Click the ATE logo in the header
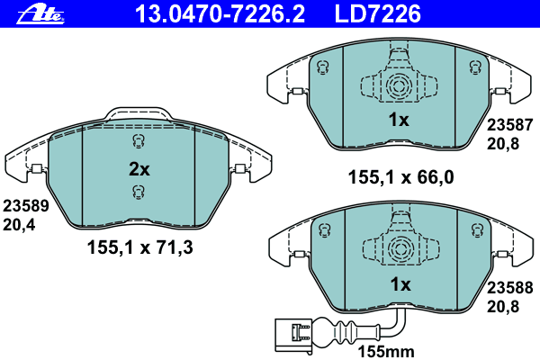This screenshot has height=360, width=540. coord(40,14)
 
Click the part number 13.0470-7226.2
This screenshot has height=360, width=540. coord(220,13)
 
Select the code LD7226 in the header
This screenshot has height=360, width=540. coord(377,13)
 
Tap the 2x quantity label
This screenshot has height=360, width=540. coord(139,169)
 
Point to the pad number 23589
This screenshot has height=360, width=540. coord(26,206)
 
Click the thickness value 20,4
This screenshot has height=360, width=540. coord(19,225)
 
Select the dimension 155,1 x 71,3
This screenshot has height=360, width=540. coord(140,247)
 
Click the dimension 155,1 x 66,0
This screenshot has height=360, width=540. coord(400,177)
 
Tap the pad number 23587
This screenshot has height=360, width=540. coord(509,125)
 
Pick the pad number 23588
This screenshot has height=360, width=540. coord(509,288)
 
